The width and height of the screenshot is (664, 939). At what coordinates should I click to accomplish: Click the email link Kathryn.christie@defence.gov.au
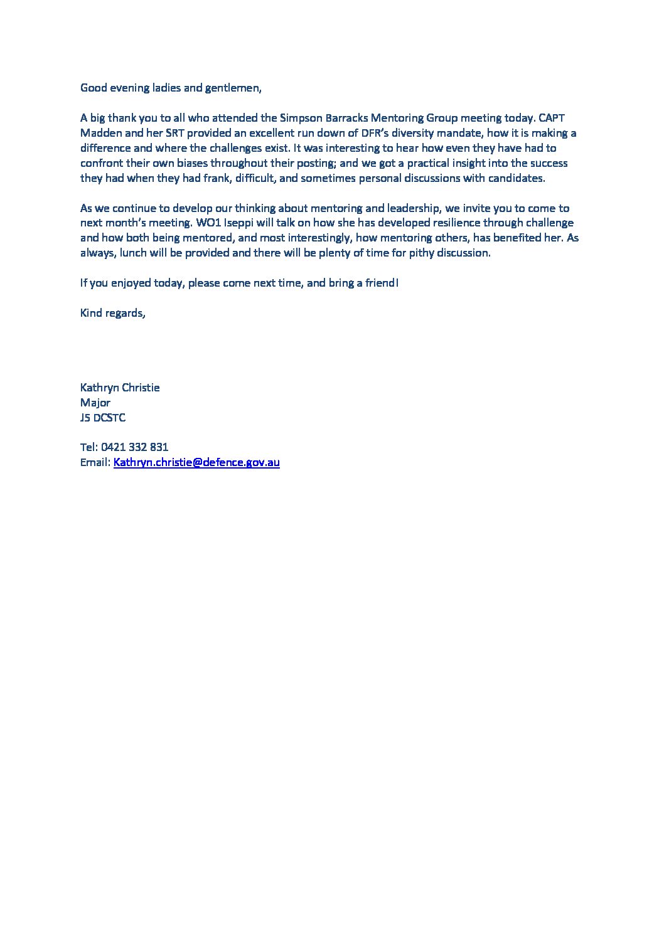coord(196,462)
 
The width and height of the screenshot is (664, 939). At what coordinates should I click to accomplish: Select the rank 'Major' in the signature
coord(95,403)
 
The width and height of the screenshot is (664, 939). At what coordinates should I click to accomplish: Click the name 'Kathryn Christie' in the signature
coord(120,388)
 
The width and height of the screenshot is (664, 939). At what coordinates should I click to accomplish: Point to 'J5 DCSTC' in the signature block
coord(103,418)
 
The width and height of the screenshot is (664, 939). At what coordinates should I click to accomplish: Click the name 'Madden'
coord(101,133)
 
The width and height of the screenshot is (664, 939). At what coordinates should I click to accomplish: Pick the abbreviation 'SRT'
coord(176,133)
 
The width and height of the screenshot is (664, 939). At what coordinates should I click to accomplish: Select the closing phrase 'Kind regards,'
coord(113,313)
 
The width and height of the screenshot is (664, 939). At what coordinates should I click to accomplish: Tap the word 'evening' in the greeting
coord(129,88)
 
